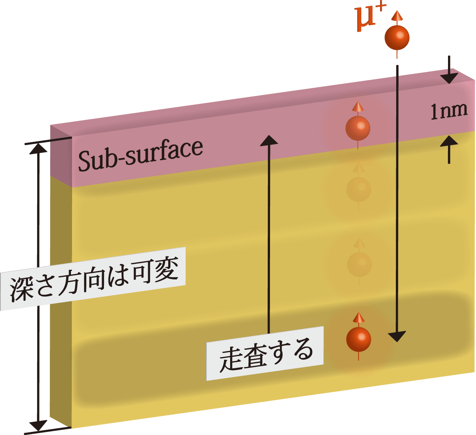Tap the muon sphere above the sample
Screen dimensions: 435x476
[x=397, y=37]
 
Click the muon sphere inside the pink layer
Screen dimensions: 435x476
[x=358, y=128]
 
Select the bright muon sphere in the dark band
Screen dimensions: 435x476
[x=359, y=339]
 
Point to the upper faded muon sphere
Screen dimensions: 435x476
[x=359, y=189]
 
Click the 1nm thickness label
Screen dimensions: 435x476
[x=449, y=111]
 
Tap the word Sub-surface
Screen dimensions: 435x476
[x=140, y=155]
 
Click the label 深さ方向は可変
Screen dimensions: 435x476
[x=94, y=279]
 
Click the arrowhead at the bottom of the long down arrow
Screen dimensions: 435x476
[x=397, y=336]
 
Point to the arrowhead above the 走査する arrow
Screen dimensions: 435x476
[x=269, y=140]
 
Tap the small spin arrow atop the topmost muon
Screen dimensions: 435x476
[x=397, y=16]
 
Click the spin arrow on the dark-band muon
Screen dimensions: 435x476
[x=359, y=317]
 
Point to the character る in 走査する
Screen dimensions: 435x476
[x=305, y=350]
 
